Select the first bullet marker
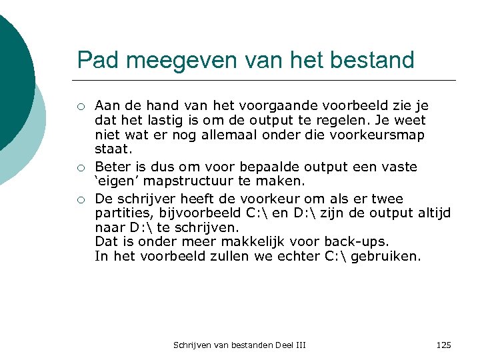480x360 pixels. coord(80,106)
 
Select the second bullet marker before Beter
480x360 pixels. coord(80,167)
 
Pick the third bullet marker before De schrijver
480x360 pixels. coord(80,199)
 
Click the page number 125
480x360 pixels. coord(443,345)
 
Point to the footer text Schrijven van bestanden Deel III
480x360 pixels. coord(239,345)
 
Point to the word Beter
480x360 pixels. coord(111,167)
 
